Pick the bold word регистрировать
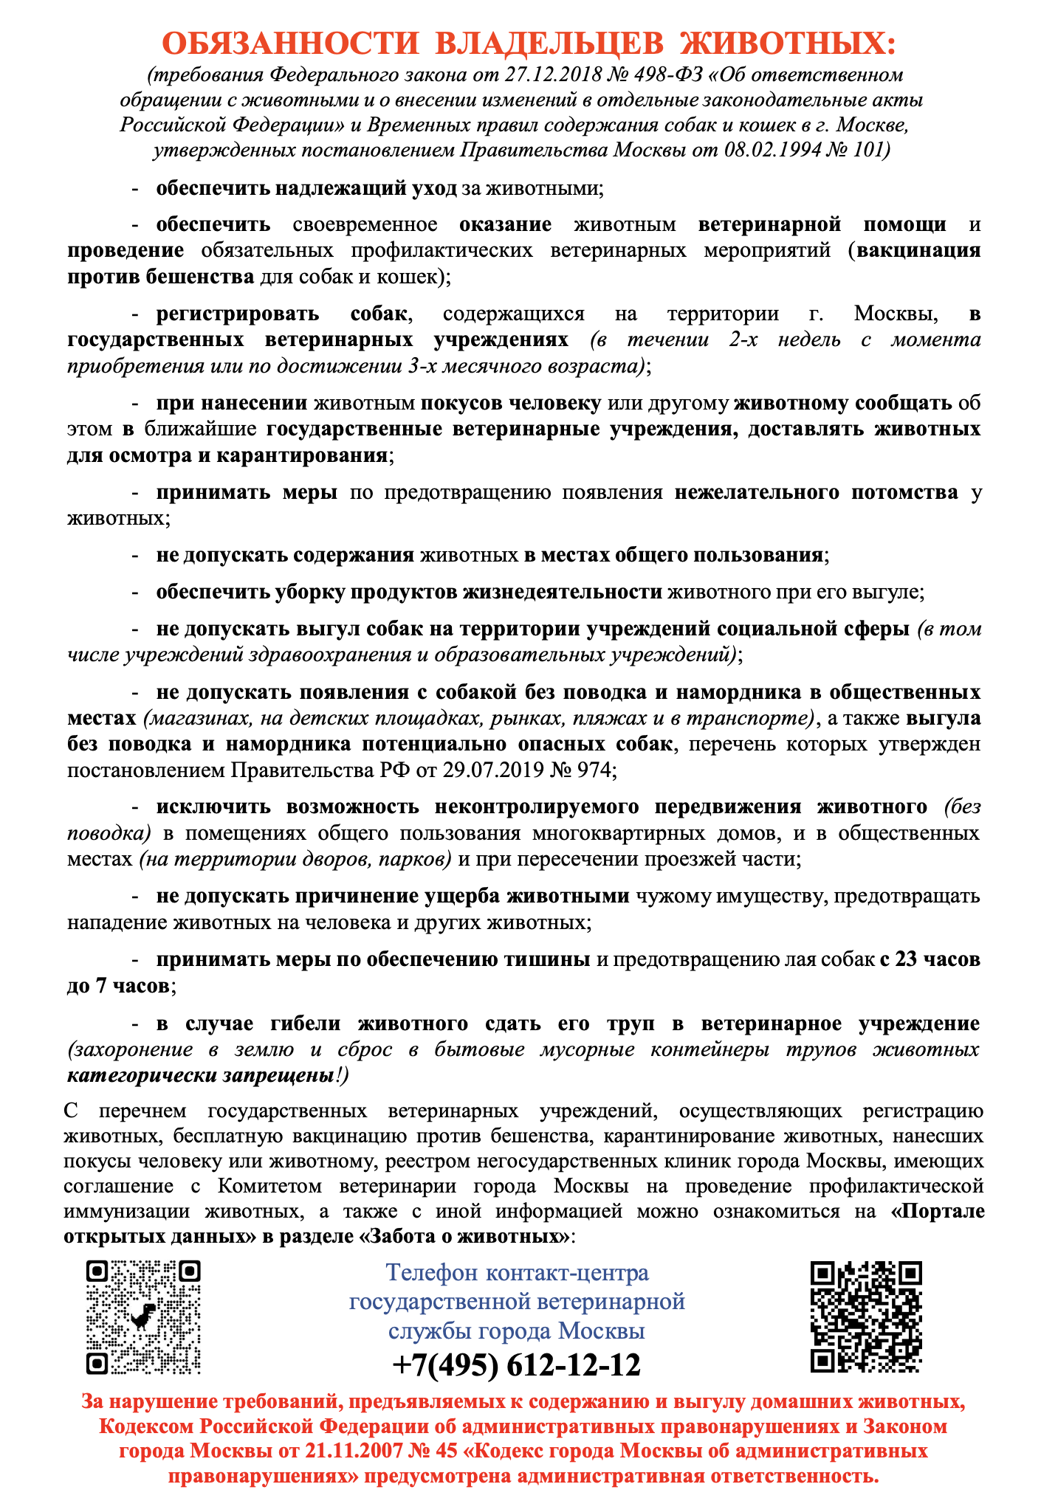(x=237, y=314)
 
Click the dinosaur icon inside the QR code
(x=143, y=1314)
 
